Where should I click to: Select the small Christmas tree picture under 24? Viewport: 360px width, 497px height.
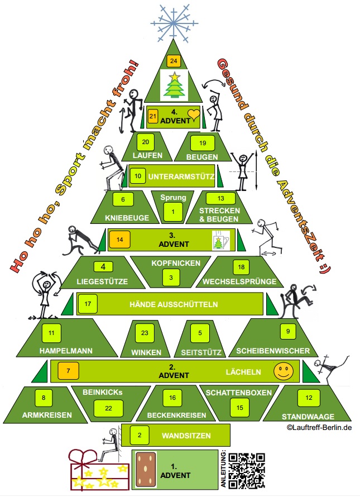[174, 84]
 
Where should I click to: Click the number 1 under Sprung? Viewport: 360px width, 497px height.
[173, 212]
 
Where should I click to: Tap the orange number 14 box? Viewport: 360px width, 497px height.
[119, 239]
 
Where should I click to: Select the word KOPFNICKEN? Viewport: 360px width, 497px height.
[172, 261]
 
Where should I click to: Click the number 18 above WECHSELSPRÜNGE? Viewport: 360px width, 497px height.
[241, 266]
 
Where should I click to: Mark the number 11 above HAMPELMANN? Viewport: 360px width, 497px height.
[51, 333]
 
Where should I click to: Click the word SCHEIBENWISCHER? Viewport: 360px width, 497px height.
[273, 351]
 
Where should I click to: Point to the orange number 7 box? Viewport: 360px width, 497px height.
[69, 370]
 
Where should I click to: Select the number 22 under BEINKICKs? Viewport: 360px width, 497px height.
[109, 408]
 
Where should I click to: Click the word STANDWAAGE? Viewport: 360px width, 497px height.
[308, 416]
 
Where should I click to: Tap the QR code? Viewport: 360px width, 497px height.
[246, 470]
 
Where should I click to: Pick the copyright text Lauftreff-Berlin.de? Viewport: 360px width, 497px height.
[319, 428]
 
